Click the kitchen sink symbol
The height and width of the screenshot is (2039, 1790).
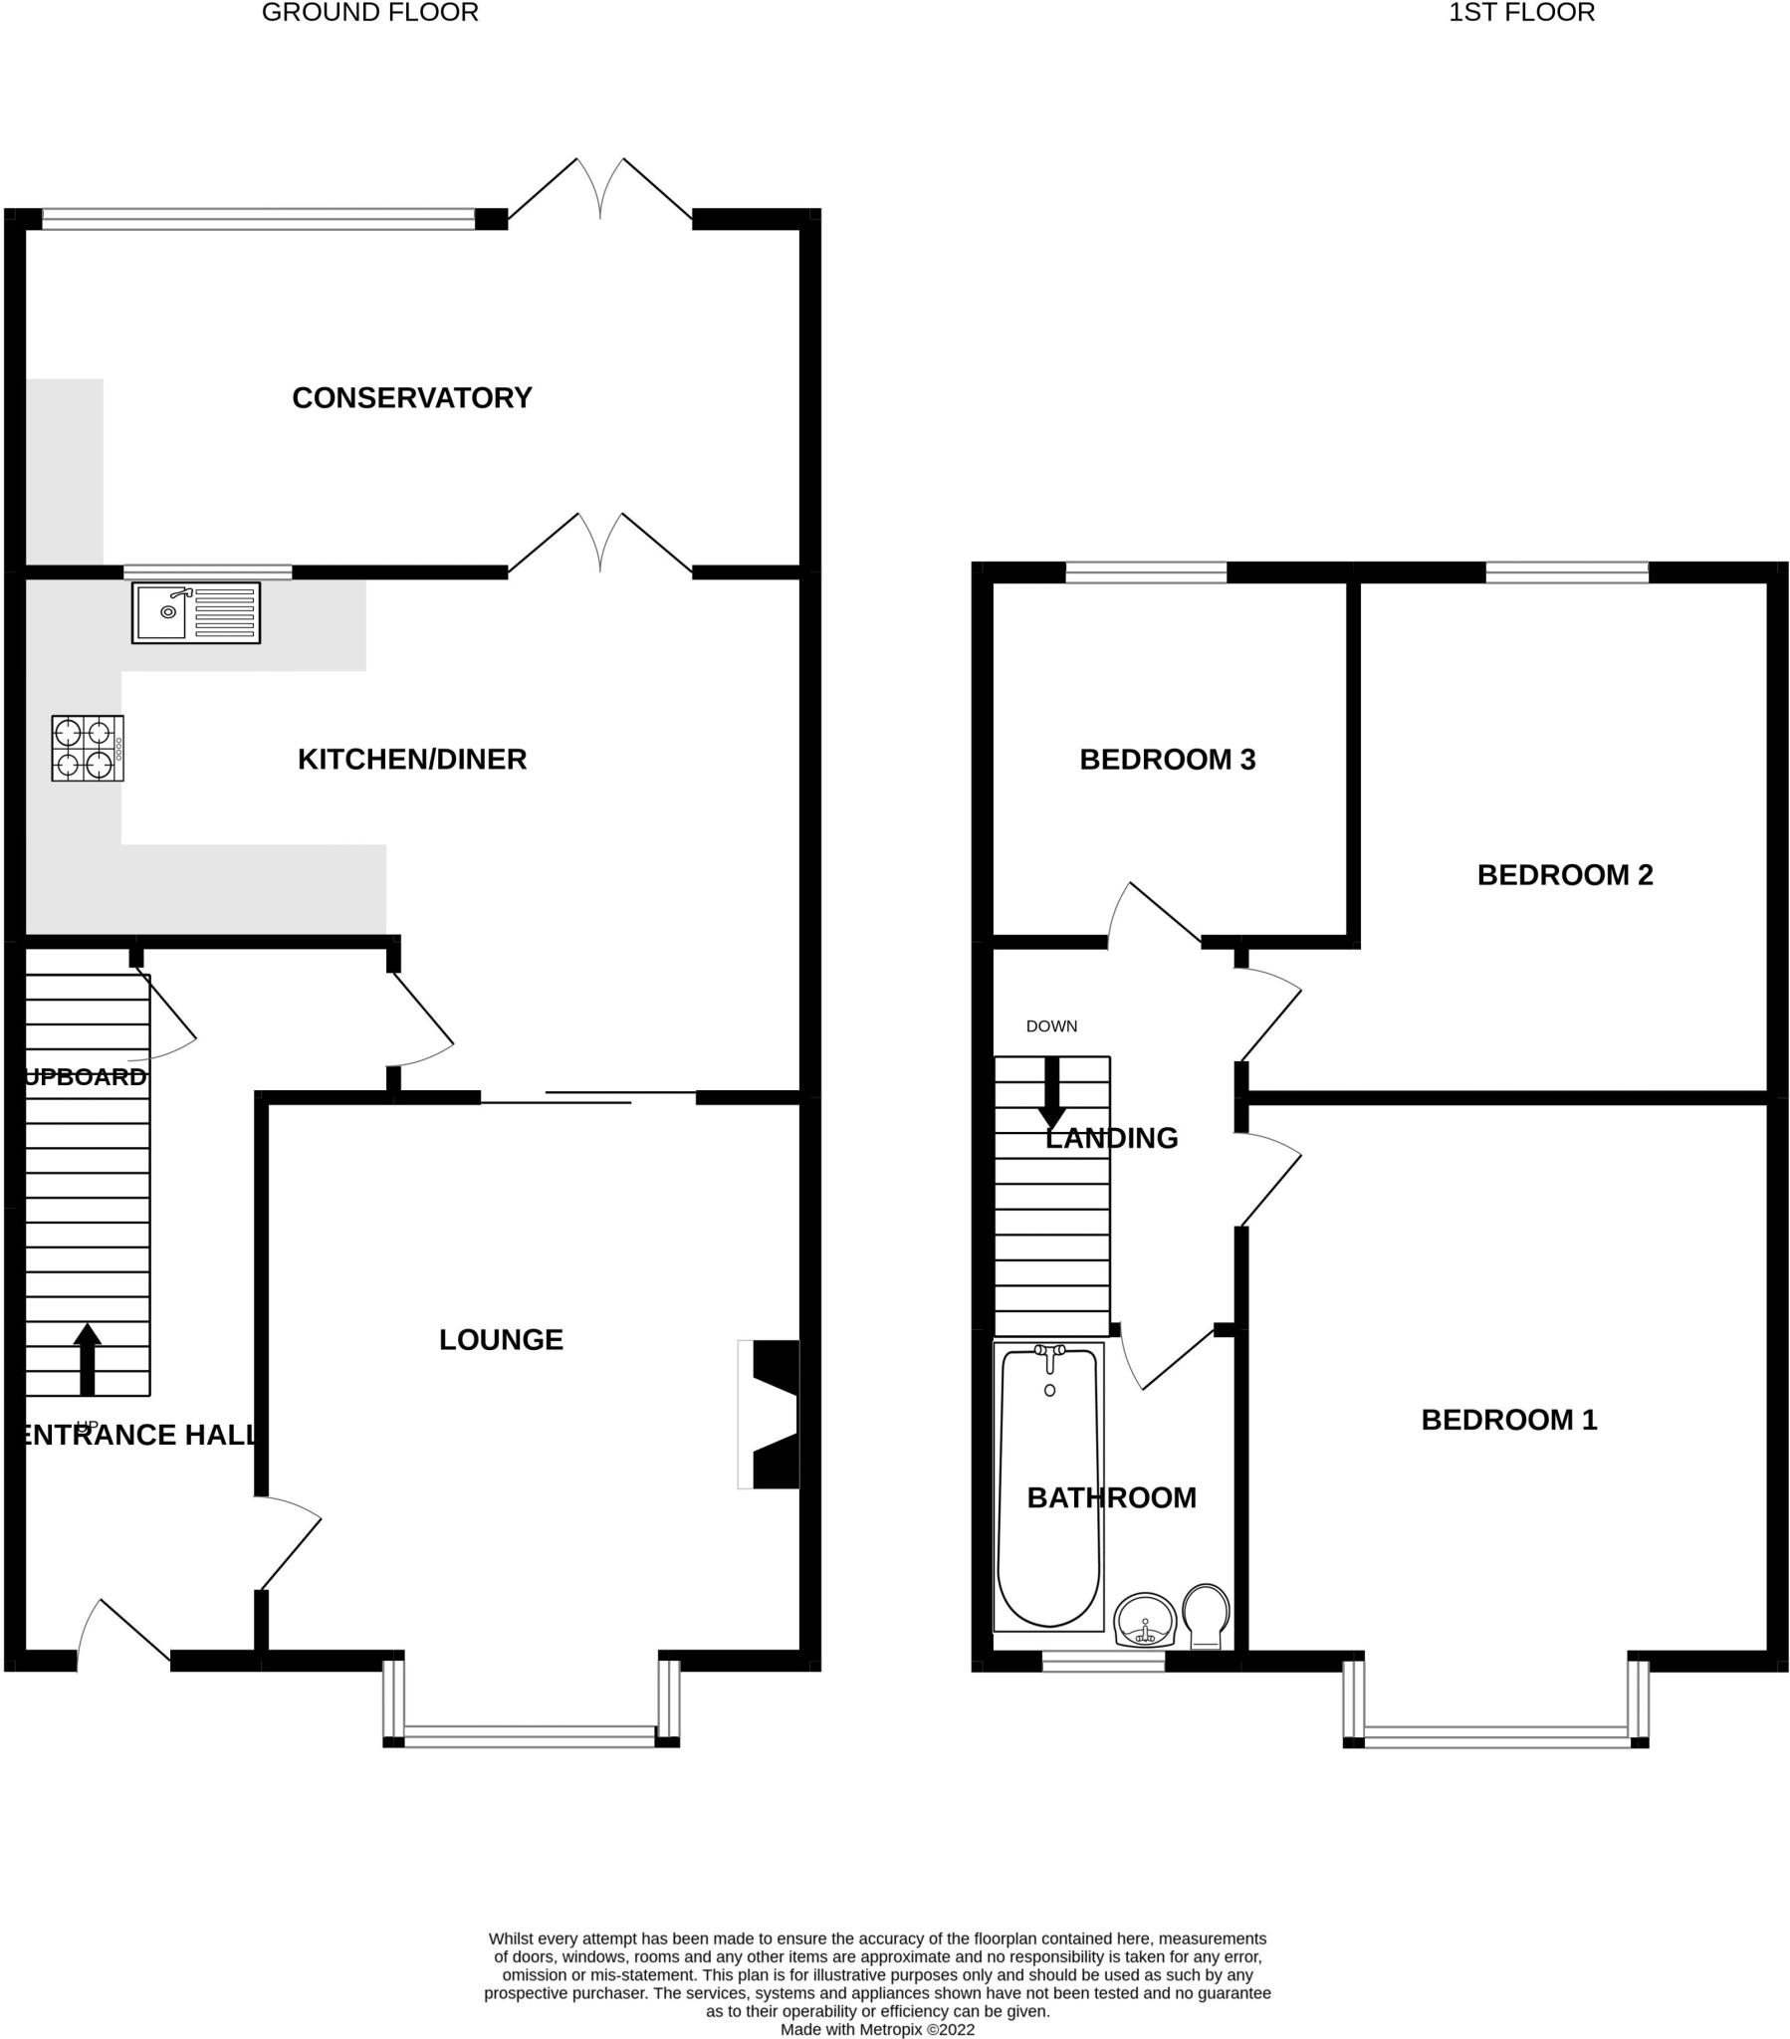click(195, 612)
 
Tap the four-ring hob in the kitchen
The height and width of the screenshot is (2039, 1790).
click(87, 748)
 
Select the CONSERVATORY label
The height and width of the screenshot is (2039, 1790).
click(411, 398)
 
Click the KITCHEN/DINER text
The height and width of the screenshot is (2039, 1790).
click(411, 759)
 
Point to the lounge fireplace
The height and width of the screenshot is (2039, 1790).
click(771, 1415)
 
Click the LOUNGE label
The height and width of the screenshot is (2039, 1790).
click(501, 1340)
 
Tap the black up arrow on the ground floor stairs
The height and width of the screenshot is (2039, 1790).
click(88, 1359)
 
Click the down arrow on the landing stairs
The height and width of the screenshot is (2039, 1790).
click(1051, 1093)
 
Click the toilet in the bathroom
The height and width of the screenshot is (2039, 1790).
click(1206, 1615)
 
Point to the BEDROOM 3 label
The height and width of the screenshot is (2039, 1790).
click(1167, 760)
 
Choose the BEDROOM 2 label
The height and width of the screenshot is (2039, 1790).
click(1564, 875)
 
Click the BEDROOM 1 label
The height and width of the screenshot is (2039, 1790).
click(1508, 1420)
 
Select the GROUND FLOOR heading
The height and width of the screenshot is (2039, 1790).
click(370, 13)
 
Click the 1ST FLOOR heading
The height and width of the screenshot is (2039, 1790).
click(1520, 13)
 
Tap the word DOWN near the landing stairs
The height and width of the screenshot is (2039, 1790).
click(1050, 1026)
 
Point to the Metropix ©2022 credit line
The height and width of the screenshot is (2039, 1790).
click(877, 2029)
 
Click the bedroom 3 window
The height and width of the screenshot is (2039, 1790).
click(1146, 571)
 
